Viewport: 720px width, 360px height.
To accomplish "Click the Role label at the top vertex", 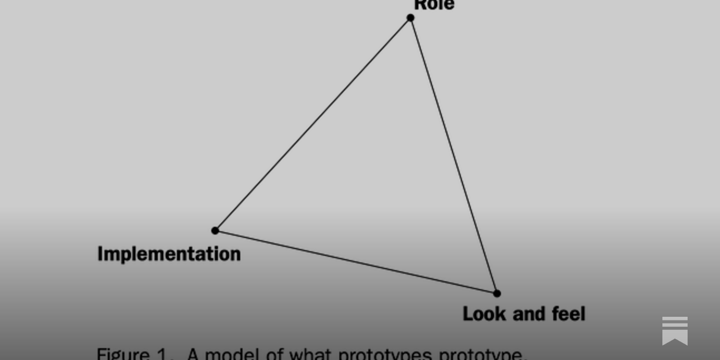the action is (x=434, y=4).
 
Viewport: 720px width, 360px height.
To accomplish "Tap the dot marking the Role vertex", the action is (x=410, y=18).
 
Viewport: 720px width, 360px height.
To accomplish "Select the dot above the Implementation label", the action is (x=215, y=230).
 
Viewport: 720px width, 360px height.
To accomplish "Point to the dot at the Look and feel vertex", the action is (x=497, y=293).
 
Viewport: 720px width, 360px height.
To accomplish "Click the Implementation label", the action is (x=169, y=254).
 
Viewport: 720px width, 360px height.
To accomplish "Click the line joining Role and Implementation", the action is (x=313, y=124).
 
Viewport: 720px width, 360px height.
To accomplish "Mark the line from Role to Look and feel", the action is (x=454, y=156).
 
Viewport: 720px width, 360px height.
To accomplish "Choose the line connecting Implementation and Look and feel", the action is (x=355, y=262).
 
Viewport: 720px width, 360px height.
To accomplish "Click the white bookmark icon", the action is (x=675, y=331).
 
